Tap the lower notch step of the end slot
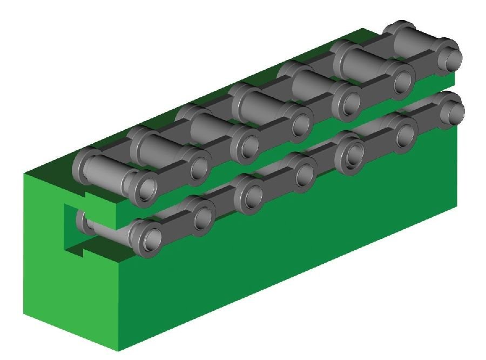81,248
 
